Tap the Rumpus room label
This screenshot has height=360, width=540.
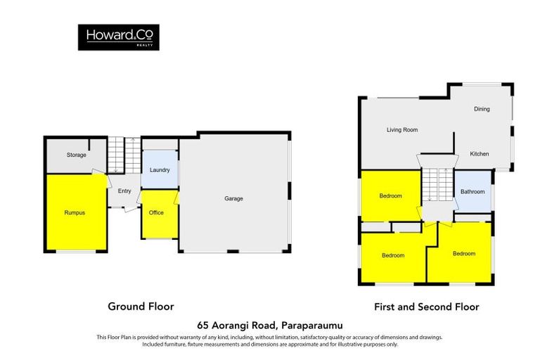pyautogui.click(x=75, y=212)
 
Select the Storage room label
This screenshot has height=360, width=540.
pyautogui.click(x=76, y=155)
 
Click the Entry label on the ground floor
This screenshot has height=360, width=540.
pyautogui.click(x=124, y=191)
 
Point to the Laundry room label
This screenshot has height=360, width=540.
pyautogui.click(x=160, y=171)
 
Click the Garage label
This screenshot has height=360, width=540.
pyautogui.click(x=233, y=199)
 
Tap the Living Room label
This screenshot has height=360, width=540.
pyautogui.click(x=402, y=130)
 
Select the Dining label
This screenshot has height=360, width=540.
pyautogui.click(x=482, y=109)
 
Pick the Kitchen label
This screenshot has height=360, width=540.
pyautogui.click(x=479, y=154)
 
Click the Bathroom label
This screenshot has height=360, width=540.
pyautogui.click(x=472, y=192)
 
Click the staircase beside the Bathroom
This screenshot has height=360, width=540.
pyautogui.click(x=435, y=186)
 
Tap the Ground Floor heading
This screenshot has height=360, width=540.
pyautogui.click(x=141, y=307)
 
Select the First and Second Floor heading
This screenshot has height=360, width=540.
pyautogui.click(x=426, y=307)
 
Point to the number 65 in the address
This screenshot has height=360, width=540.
pyautogui.click(x=204, y=325)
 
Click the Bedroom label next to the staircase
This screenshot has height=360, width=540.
pyautogui.click(x=391, y=195)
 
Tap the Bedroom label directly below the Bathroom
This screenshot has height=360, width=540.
pyautogui.click(x=463, y=254)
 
